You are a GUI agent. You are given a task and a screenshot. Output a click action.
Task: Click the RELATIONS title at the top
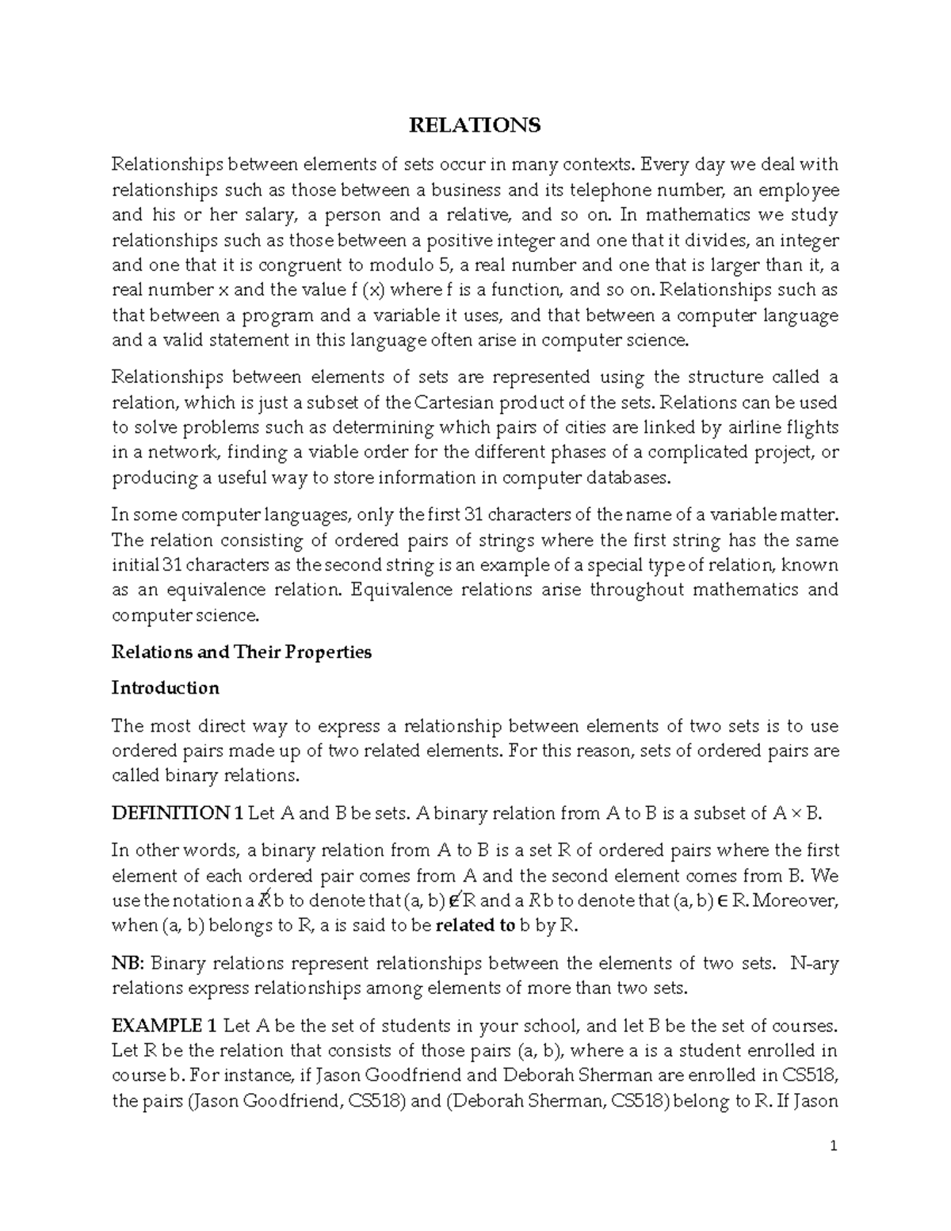click(474, 125)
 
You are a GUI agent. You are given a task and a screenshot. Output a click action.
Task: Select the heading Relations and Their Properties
click(242, 652)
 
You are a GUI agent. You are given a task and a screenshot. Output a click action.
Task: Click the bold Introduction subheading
click(165, 688)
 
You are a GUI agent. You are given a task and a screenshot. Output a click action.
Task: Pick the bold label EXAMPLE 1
click(164, 1026)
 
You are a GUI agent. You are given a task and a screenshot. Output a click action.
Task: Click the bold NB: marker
click(128, 964)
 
